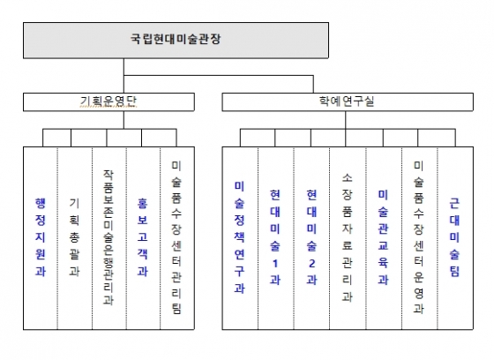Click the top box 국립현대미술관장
(176, 40)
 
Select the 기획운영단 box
(109, 101)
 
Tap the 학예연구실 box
(348, 101)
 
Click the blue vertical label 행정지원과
(41, 237)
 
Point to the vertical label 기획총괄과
(74, 237)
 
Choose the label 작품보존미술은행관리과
(109, 237)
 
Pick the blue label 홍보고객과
(142, 237)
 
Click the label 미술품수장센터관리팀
(176, 237)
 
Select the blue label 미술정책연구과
(239, 237)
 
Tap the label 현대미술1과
(275, 237)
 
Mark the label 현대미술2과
(311, 237)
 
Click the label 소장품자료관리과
(347, 237)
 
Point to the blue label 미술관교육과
(383, 237)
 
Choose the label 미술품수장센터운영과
(418, 237)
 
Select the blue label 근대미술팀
(454, 237)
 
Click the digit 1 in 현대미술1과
(275, 263)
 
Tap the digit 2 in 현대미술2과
(311, 263)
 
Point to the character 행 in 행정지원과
(41, 203)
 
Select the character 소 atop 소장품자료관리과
(347, 178)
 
